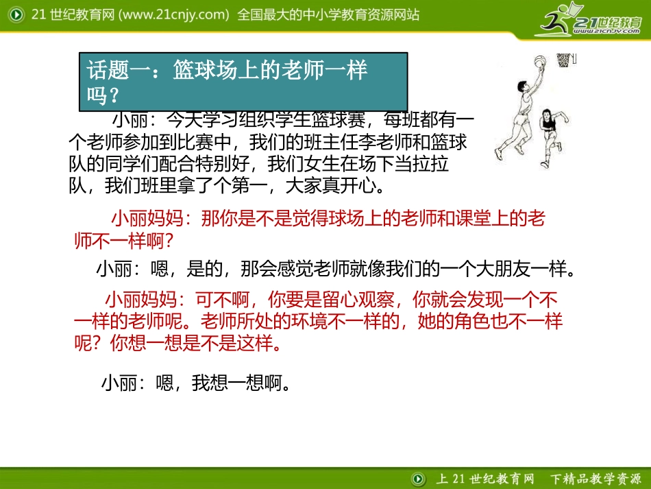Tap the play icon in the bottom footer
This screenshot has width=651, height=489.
[417, 477]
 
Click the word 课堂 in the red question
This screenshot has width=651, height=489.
[467, 219]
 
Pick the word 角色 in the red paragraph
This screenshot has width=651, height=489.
[465, 322]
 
